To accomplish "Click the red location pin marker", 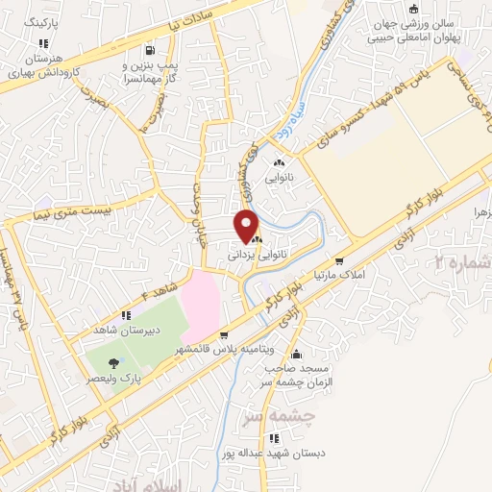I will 247,226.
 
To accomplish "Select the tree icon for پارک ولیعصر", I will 114,362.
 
